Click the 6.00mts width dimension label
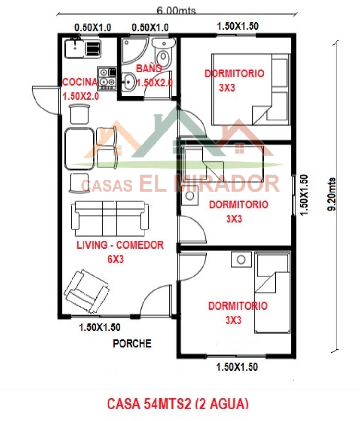pos(176,11)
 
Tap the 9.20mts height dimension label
pos(332,194)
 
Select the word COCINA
pos(80,82)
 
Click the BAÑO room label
pos(149,69)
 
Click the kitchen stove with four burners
pos(107,78)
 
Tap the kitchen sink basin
pos(74,48)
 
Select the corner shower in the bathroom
pos(134,50)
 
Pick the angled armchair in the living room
pos(86,291)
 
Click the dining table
pos(79,149)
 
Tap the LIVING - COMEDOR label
pos(120,245)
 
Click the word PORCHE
pos(132,343)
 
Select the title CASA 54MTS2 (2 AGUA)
pos(178,404)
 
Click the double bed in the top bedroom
pos(251,89)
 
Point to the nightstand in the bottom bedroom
pos(241,259)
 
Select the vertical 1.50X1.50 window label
pos(304,195)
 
